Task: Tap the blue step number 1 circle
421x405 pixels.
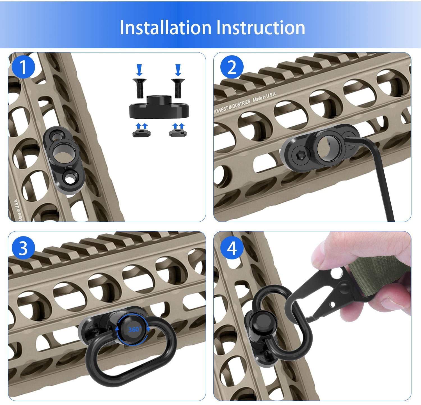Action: [x=23, y=68]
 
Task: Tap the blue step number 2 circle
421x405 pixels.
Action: [x=232, y=68]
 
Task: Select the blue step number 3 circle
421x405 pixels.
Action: [x=23, y=248]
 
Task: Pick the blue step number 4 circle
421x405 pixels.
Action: [x=232, y=248]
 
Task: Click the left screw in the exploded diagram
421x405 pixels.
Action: [x=139, y=88]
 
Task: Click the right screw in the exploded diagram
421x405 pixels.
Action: [x=177, y=88]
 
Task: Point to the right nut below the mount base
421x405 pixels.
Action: [x=176, y=132]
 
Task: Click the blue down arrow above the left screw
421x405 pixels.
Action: [x=139, y=70]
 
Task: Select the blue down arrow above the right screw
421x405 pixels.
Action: [x=178, y=70]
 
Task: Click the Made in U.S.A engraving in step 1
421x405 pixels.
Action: [x=19, y=210]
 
